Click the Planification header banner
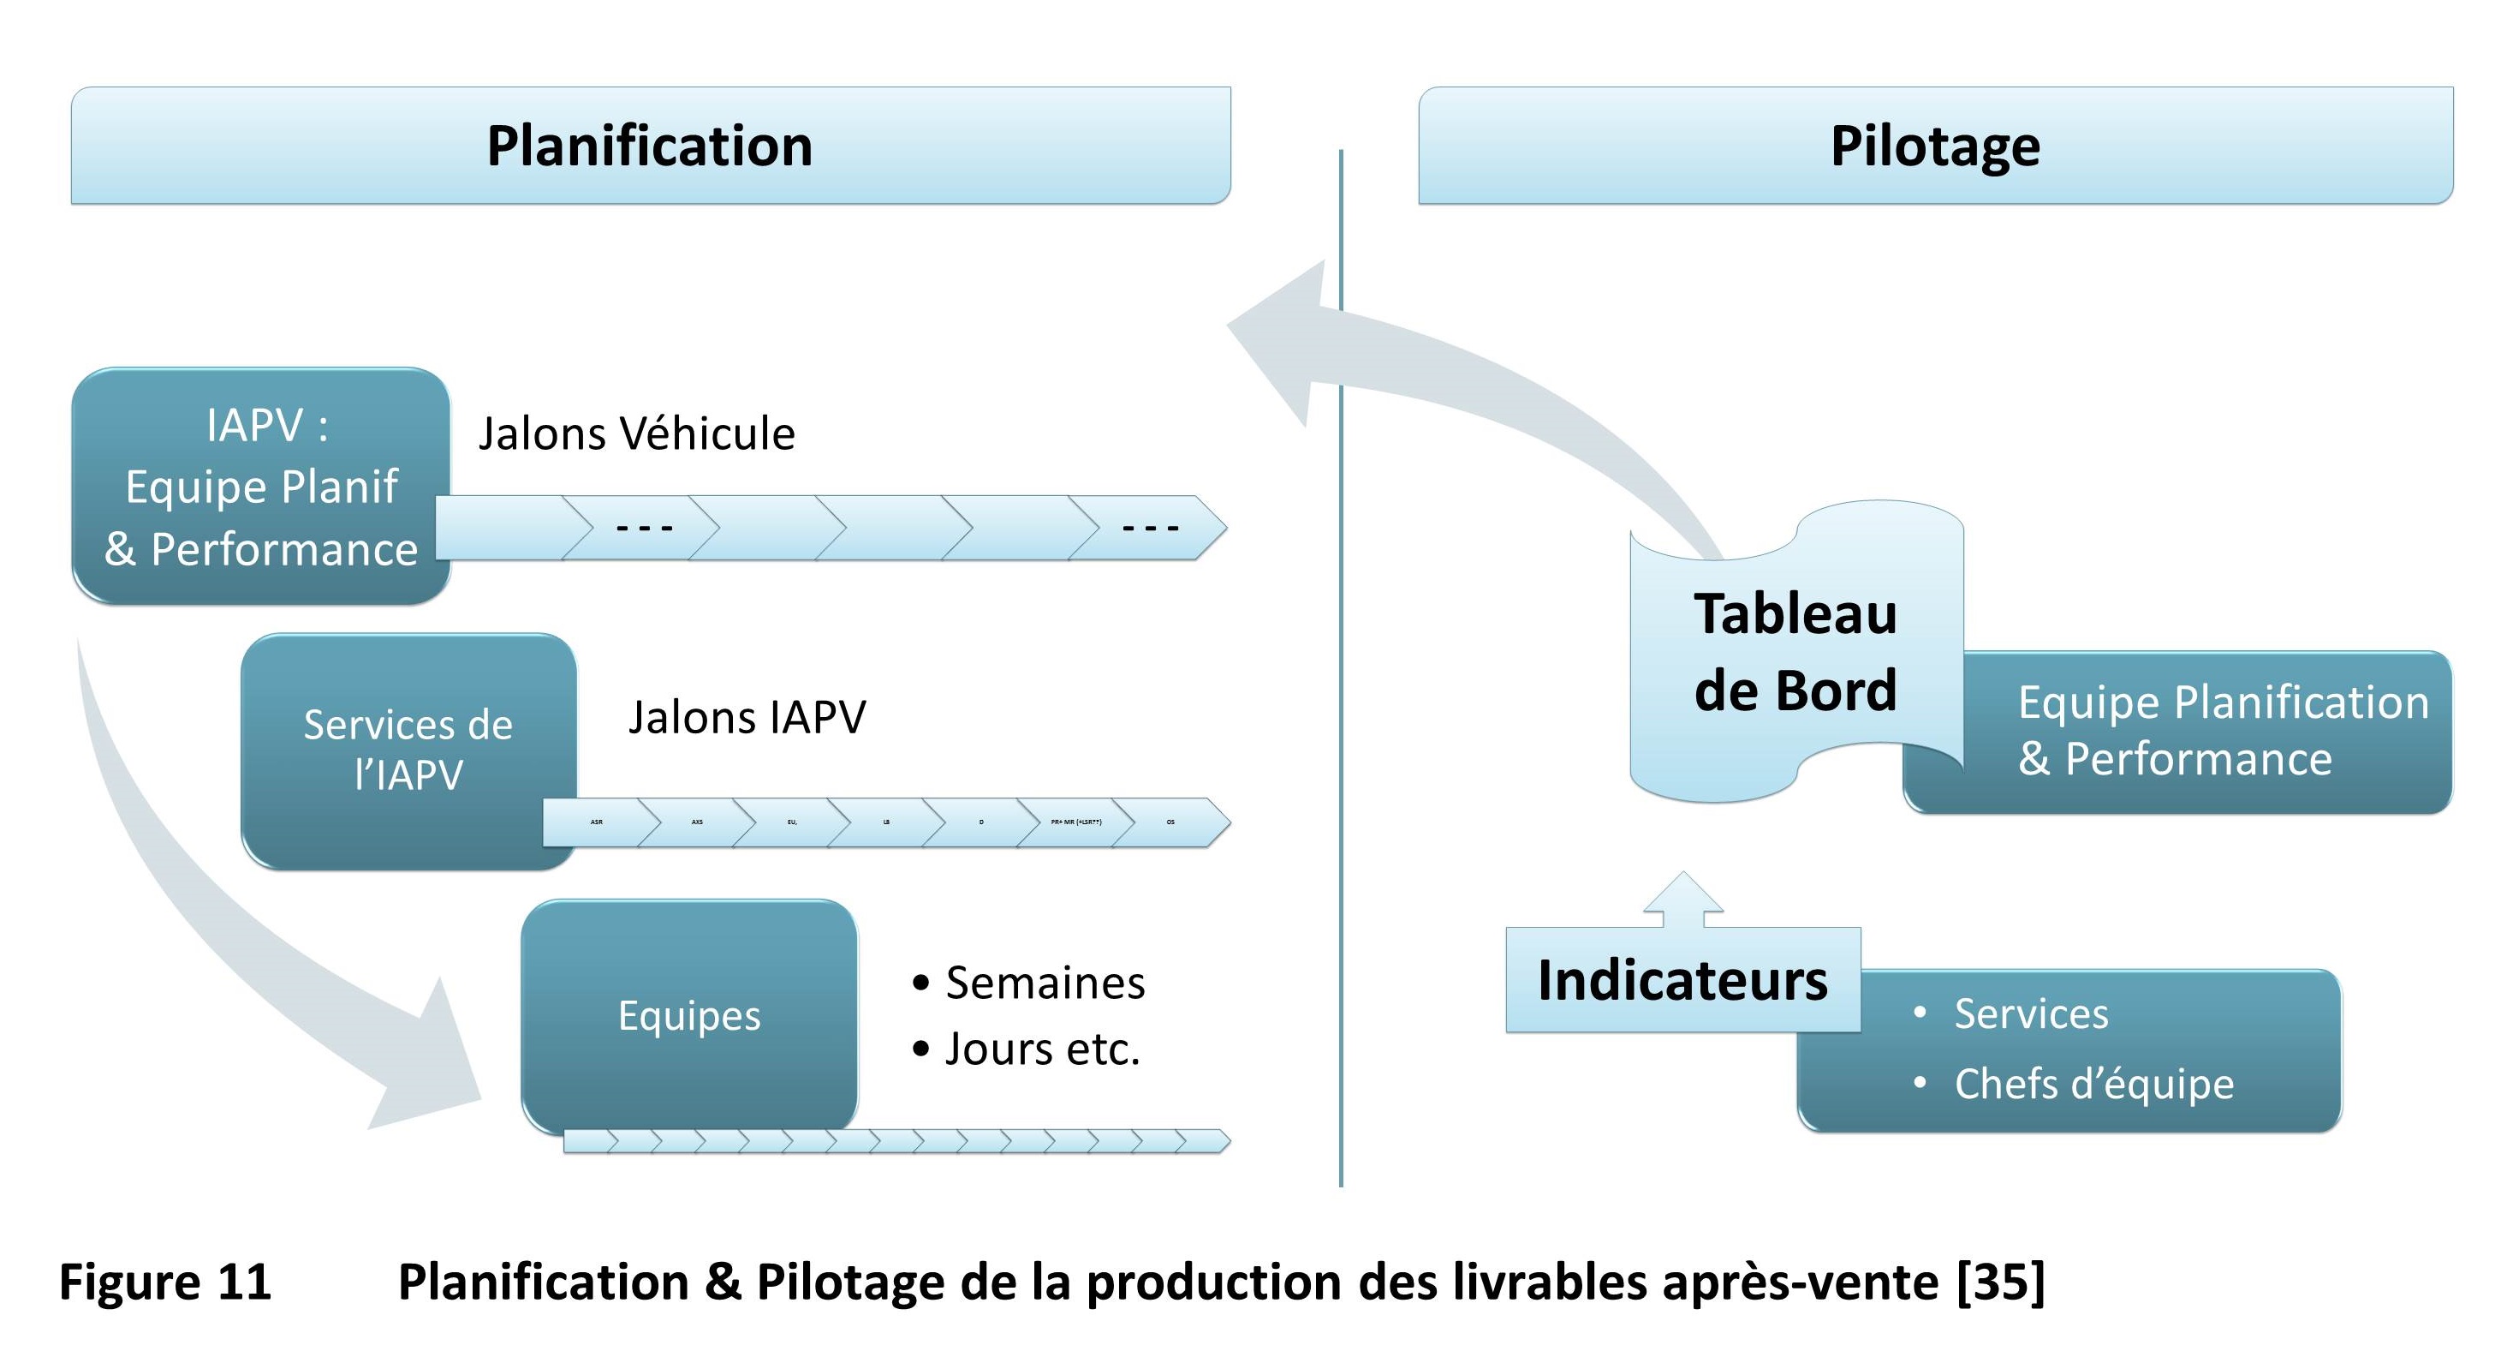(x=650, y=146)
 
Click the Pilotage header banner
(x=1935, y=146)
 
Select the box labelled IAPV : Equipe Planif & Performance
(x=261, y=486)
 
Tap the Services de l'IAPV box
(x=408, y=750)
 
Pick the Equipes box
(x=689, y=1015)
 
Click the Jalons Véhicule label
(x=636, y=433)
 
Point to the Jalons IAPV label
(x=747, y=717)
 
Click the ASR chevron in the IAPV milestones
(x=597, y=822)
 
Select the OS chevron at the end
(x=1170, y=822)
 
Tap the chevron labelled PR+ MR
(x=1075, y=822)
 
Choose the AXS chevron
(x=697, y=822)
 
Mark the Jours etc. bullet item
(x=1041, y=1049)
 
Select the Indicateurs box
(x=1682, y=980)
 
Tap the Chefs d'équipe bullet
(x=2093, y=1084)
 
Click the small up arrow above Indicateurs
(x=1682, y=899)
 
